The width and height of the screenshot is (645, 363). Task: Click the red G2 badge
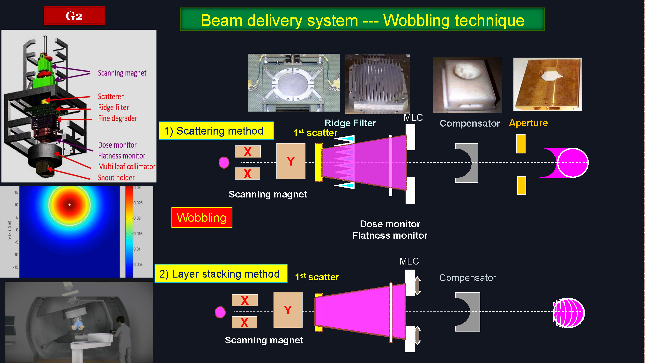(x=74, y=15)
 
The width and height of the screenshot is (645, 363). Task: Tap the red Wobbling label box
(x=202, y=218)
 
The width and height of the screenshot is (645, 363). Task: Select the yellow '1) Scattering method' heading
(x=216, y=131)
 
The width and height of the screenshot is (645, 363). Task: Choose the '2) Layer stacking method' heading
(x=221, y=273)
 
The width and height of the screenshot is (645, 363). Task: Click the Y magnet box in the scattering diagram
(x=291, y=161)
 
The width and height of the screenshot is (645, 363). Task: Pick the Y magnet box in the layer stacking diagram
(x=288, y=310)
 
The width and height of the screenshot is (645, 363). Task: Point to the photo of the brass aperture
(x=547, y=84)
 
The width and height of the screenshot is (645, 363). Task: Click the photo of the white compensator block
(x=467, y=85)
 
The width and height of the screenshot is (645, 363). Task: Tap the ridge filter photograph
(x=377, y=84)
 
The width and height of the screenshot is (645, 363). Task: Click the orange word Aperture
(x=528, y=123)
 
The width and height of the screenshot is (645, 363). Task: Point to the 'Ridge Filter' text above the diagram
(x=350, y=123)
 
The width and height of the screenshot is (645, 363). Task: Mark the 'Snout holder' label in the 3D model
(x=116, y=178)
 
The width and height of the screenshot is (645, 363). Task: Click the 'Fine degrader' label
(x=118, y=118)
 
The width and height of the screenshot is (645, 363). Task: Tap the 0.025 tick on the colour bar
(x=138, y=203)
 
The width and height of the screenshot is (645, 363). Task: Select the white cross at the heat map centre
(x=70, y=205)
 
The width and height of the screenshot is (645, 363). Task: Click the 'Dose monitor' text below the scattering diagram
(x=390, y=224)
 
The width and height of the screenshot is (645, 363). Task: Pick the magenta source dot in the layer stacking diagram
(x=220, y=312)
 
